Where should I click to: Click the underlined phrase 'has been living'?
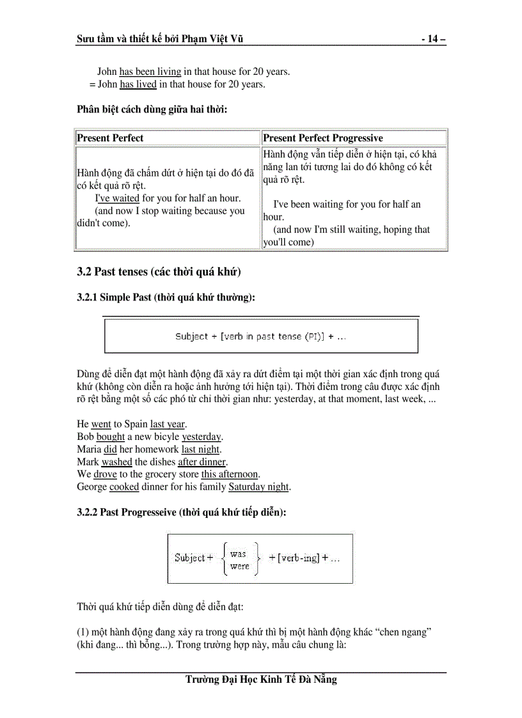150,72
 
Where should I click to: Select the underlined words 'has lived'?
138,84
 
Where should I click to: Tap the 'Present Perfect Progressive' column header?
323,138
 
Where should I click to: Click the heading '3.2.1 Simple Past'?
166,297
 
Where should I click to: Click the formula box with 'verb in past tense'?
261,336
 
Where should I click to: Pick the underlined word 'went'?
101,425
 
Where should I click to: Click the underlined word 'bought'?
111,437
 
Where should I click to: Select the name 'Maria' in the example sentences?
89,449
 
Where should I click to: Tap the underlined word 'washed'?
116,462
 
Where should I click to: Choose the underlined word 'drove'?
105,474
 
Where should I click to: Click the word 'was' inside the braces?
238,554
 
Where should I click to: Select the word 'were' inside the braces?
239,566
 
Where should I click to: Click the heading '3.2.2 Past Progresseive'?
181,513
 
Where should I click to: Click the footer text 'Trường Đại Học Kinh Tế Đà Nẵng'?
261,680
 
